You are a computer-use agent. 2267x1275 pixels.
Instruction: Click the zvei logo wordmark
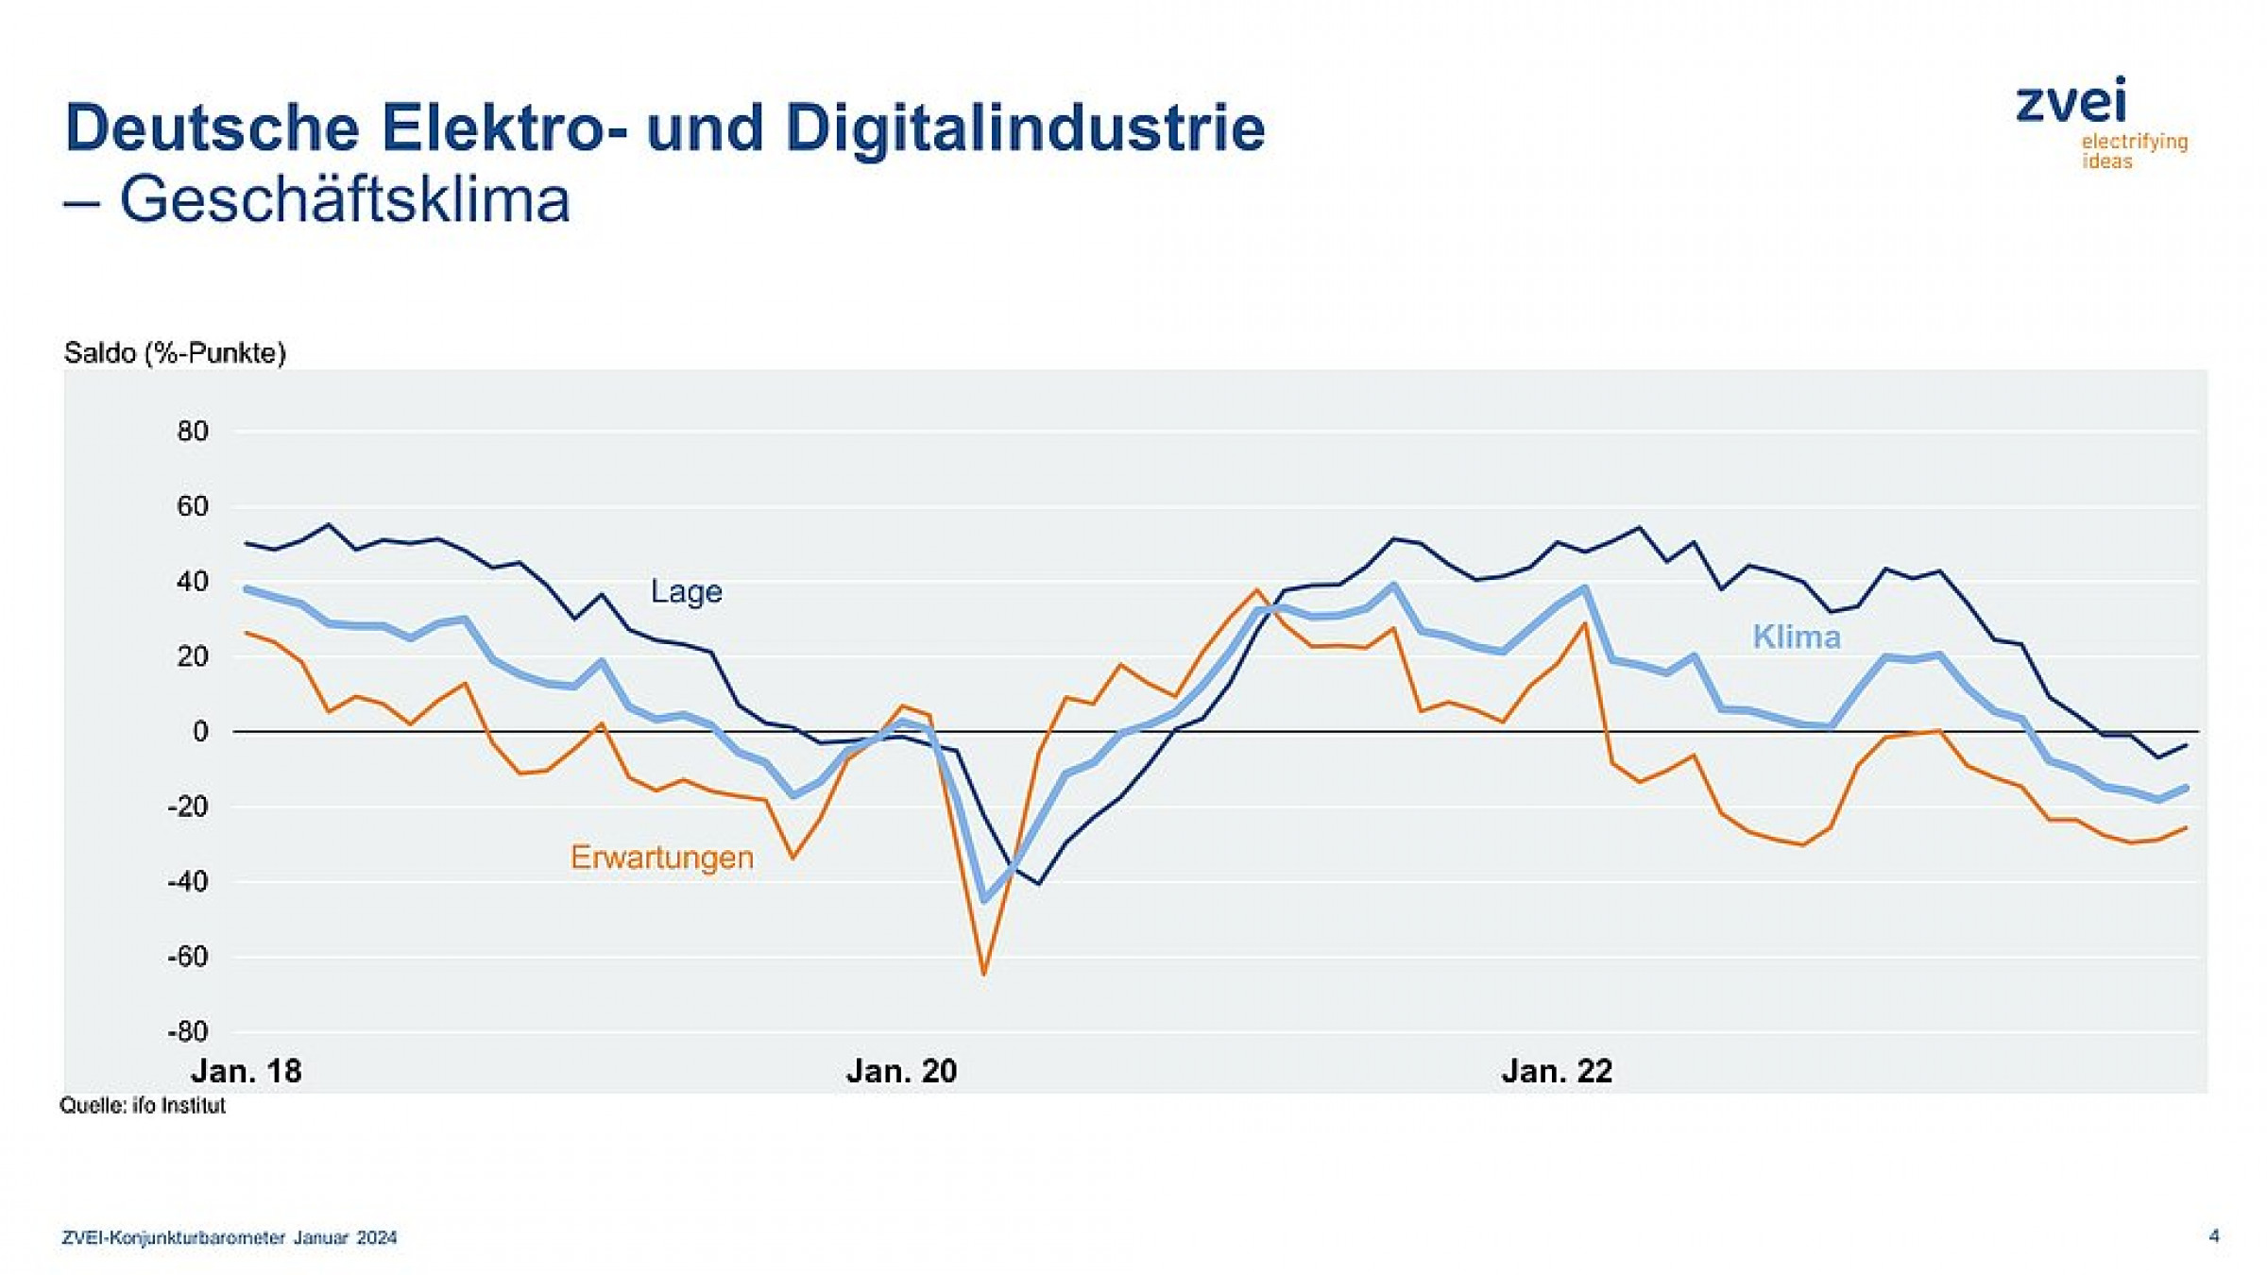point(2071,101)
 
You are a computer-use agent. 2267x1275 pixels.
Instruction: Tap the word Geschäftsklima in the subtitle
point(345,200)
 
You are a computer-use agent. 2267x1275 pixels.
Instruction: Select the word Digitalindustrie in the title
point(1025,127)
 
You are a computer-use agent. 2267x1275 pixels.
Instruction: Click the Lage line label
point(687,592)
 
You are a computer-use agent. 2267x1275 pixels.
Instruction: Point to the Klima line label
point(1796,637)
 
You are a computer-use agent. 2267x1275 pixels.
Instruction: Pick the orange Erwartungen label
point(662,858)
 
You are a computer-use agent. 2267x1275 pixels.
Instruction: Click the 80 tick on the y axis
point(193,432)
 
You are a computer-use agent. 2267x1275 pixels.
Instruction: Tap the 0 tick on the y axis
point(200,731)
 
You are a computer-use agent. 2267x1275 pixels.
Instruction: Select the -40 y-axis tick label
point(188,881)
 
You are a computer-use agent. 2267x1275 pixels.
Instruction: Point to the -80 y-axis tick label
point(188,1031)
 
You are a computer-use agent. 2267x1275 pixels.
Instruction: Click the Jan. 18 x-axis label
point(247,1071)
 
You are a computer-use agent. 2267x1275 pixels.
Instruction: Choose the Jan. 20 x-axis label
point(901,1071)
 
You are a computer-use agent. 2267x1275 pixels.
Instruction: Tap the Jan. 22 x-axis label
point(1557,1071)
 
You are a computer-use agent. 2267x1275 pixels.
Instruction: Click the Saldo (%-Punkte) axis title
point(175,353)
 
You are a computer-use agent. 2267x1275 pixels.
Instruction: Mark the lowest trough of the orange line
point(983,973)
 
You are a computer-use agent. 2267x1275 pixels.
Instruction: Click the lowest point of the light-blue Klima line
point(984,900)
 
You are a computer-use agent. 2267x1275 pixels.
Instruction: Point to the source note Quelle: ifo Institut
point(143,1106)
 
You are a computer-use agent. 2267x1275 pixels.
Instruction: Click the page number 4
point(2213,1236)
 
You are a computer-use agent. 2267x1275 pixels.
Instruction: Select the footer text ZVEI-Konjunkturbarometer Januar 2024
point(230,1238)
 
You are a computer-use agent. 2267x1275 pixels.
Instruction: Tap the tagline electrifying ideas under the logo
point(2133,151)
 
